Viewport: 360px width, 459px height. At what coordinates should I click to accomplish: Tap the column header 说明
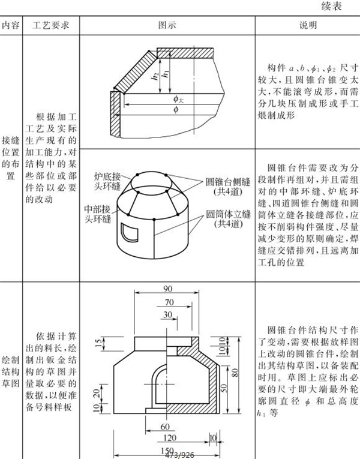308,26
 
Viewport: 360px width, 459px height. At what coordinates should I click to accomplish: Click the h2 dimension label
155,76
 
